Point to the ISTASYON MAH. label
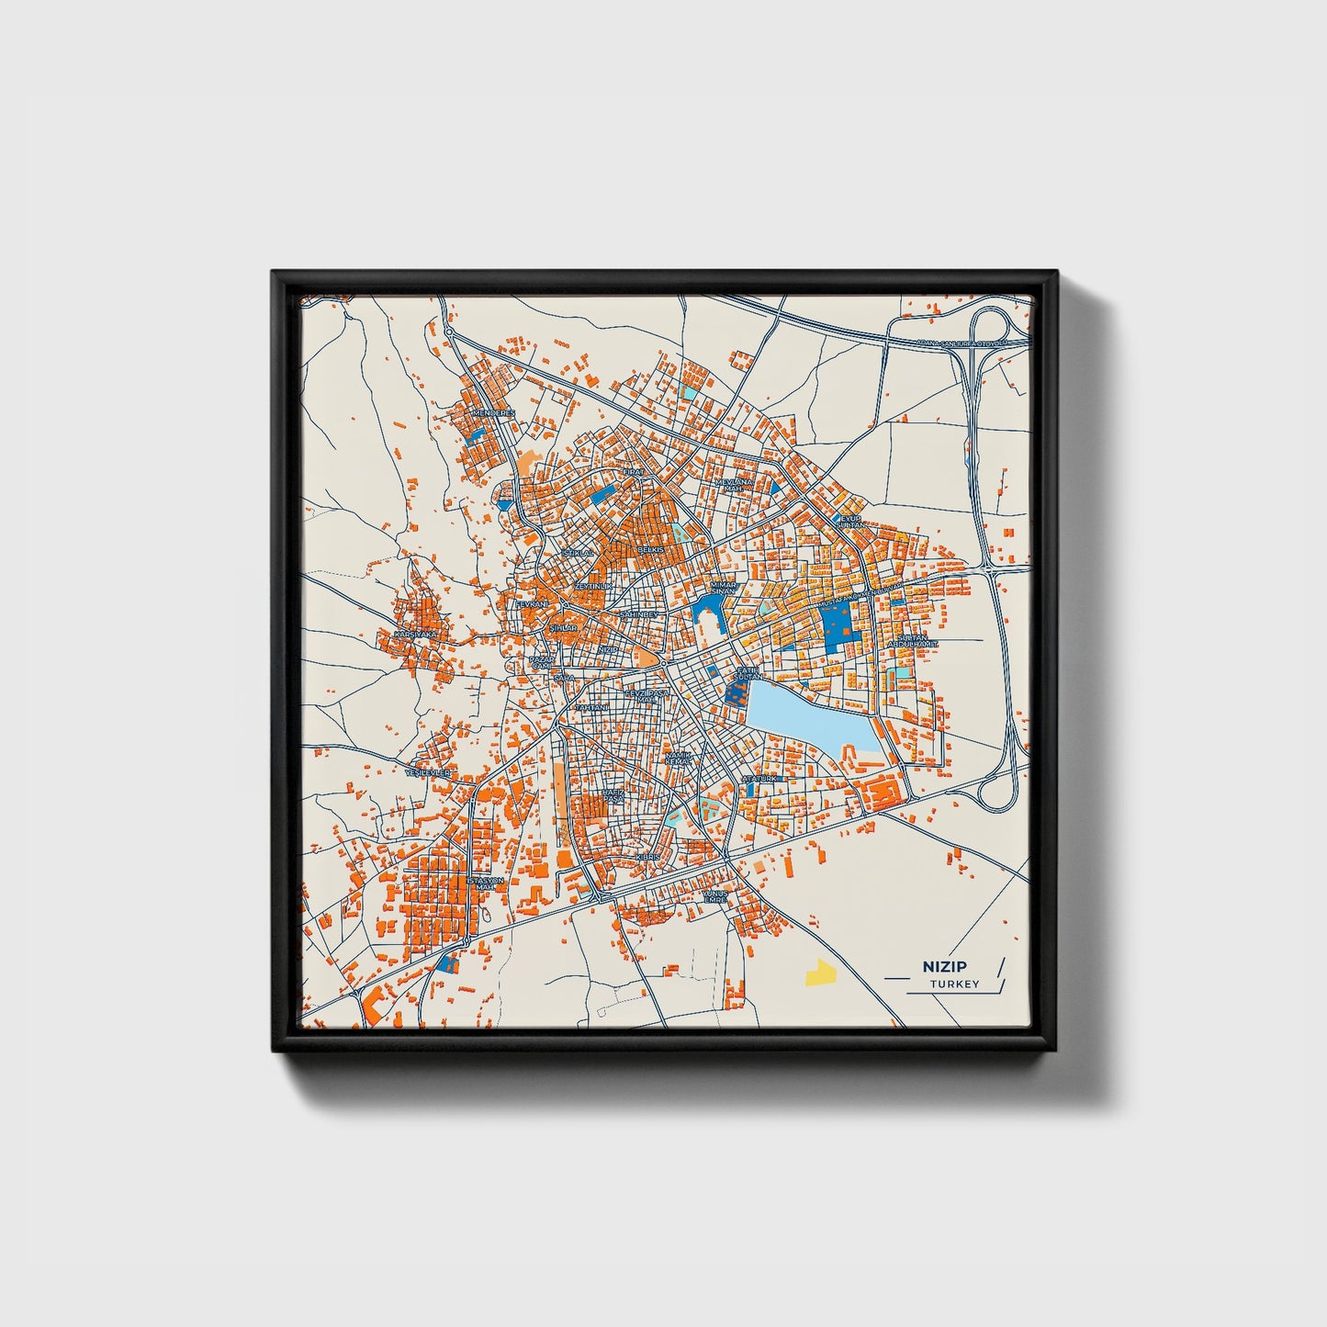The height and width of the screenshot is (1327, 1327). [x=487, y=883]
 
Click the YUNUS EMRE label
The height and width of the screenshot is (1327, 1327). [x=714, y=895]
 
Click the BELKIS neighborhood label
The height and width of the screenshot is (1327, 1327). [x=650, y=547]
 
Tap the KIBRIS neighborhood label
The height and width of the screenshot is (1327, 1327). [x=648, y=856]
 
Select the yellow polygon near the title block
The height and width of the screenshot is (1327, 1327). [x=816, y=973]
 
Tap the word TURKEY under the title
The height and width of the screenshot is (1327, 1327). [x=954, y=984]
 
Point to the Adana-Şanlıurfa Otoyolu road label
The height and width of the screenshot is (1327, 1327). [x=961, y=343]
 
